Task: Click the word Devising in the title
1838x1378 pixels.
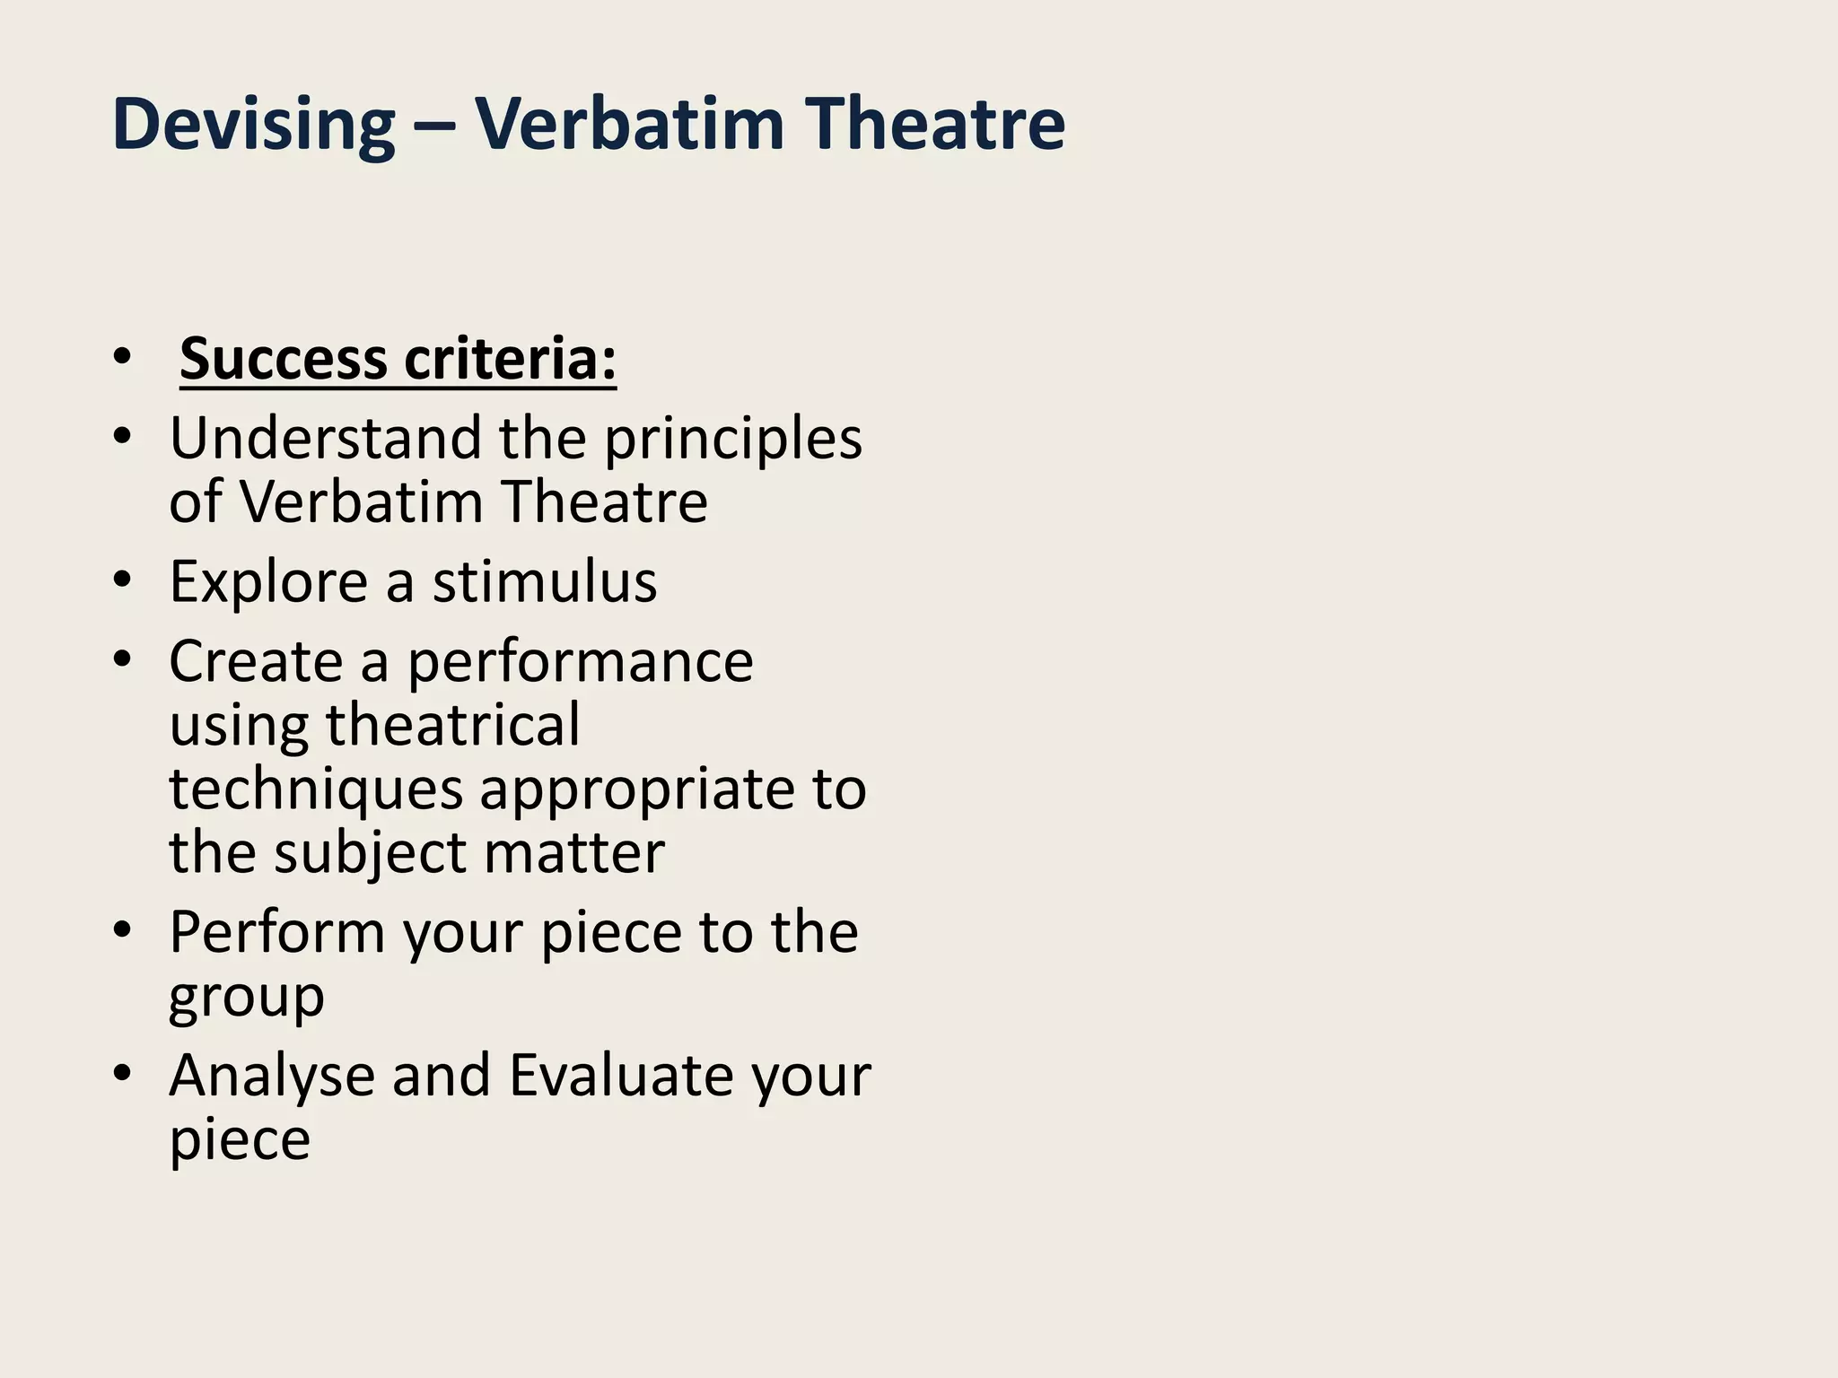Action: click(x=253, y=124)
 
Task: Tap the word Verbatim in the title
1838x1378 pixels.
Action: click(x=630, y=124)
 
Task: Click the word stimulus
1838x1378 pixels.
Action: click(x=545, y=581)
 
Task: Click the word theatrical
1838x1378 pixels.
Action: click(x=452, y=725)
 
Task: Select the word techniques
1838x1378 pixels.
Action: click(x=316, y=790)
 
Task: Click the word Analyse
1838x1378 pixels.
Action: click(x=272, y=1077)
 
